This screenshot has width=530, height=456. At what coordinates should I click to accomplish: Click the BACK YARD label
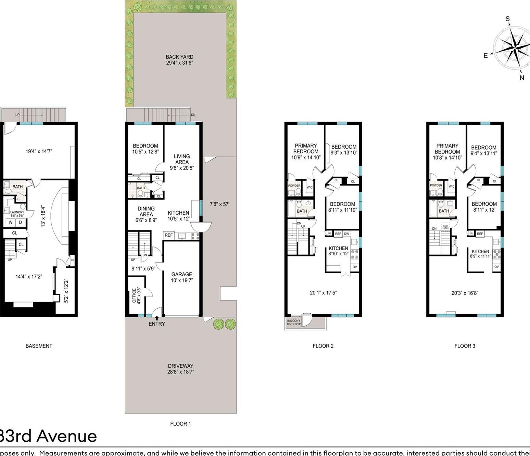pos(179,57)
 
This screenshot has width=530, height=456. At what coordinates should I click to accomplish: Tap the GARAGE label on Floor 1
pos(181,274)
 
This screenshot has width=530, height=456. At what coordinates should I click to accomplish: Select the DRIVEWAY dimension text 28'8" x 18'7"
pos(180,372)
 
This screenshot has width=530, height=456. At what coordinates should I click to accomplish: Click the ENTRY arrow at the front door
pos(157,318)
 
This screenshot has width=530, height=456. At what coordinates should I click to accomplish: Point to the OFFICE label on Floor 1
pos(134,295)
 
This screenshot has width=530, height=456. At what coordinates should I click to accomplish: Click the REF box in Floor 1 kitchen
pos(168,235)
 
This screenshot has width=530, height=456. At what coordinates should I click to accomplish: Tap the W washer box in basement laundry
pos(11,222)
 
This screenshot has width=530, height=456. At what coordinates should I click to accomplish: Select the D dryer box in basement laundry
pos(21,222)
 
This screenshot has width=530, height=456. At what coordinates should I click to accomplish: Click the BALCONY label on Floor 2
pos(293,321)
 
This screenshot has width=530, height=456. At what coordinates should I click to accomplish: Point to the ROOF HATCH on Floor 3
pos(445,227)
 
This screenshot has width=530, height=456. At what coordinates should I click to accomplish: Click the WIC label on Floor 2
pos(310,187)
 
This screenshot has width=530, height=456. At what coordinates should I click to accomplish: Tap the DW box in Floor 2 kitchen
pos(346,234)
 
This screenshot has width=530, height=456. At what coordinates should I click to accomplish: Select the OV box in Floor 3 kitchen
pos(496,267)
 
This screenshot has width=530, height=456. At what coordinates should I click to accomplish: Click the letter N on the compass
pos(522,78)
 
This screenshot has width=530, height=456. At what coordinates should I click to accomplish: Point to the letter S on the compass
pos(508,19)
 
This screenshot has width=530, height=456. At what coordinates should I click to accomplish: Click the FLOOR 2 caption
pos(323,346)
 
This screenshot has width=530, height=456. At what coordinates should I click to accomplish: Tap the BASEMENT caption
pos(39,346)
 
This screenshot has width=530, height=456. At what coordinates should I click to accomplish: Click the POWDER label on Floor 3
pos(436,185)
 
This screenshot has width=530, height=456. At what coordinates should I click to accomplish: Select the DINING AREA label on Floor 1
pos(146,211)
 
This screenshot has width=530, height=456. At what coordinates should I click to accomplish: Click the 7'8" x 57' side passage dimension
pos(219,204)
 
